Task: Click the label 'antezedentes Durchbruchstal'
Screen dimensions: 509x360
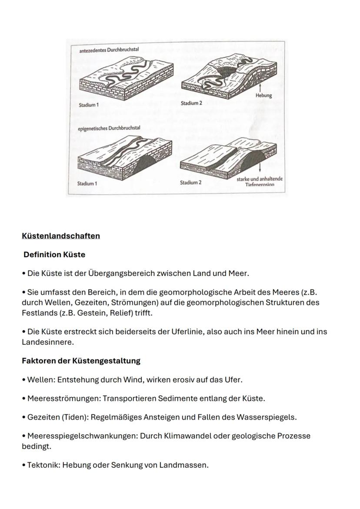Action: tap(109, 50)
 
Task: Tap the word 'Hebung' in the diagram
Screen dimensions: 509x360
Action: tap(263, 96)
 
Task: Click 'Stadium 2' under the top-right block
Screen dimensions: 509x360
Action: tap(191, 103)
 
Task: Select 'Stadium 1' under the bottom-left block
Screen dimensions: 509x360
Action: tap(87, 183)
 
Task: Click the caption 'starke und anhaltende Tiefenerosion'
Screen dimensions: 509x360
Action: tap(260, 182)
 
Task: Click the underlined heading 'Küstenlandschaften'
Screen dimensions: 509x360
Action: tap(61, 236)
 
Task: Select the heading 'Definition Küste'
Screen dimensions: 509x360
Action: tap(54, 255)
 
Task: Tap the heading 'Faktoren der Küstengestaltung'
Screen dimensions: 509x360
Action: tap(81, 361)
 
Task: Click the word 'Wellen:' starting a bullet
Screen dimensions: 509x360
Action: tap(41, 379)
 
